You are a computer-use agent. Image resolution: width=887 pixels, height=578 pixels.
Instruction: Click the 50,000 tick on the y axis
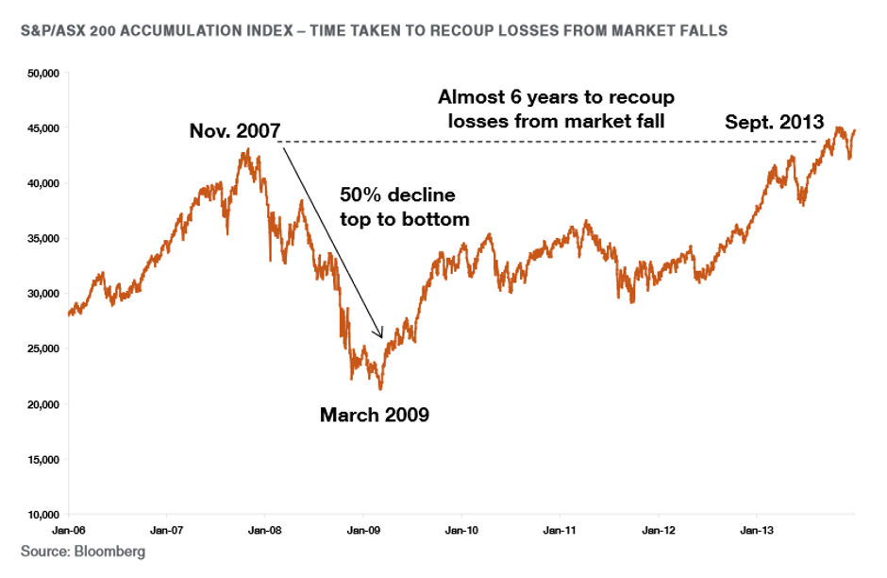click(x=44, y=73)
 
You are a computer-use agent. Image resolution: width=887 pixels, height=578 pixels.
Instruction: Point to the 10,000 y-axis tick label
click(x=44, y=515)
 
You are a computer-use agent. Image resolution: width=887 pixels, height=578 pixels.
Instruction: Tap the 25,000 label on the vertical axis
click(x=44, y=349)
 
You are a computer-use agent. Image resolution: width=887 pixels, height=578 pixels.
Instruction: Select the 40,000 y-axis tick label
click(x=44, y=183)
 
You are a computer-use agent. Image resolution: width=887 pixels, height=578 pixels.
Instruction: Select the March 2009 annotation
click(x=375, y=414)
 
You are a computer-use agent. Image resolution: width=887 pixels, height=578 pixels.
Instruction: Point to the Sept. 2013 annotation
click(x=775, y=122)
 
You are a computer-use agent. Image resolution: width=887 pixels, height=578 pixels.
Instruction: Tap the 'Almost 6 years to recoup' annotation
click(x=557, y=97)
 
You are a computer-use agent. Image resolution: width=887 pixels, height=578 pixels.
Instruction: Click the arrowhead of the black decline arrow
click(x=380, y=334)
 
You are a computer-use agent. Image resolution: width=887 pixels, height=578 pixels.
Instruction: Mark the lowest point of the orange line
click(x=380, y=388)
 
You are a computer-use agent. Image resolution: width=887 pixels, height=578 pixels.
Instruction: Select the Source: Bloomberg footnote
click(x=84, y=551)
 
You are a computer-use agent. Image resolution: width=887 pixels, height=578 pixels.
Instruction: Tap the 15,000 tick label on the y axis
click(x=44, y=460)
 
